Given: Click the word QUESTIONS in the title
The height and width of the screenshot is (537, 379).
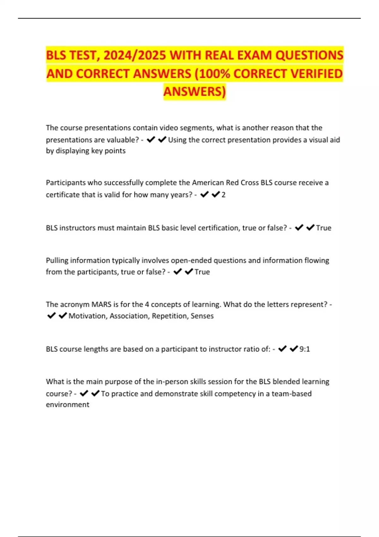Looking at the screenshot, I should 309,55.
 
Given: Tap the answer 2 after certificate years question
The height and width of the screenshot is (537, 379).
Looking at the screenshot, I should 224,195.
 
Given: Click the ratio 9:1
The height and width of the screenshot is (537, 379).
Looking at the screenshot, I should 304,349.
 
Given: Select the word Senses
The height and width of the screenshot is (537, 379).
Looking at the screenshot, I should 202,316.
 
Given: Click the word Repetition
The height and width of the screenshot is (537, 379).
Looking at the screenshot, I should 170,316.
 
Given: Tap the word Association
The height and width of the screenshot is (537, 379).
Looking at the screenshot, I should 129,316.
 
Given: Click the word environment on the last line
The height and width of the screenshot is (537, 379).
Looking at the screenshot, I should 68,405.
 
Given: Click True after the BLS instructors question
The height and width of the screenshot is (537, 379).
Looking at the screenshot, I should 324,228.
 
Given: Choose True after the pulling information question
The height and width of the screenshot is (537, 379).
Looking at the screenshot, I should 202,272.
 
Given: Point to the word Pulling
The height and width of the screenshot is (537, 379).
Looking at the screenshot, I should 57,260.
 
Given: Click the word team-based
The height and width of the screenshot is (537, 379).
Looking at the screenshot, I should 292,394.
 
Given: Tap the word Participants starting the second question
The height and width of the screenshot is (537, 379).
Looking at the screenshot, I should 66,183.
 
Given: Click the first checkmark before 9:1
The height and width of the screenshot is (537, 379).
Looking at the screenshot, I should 282,348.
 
